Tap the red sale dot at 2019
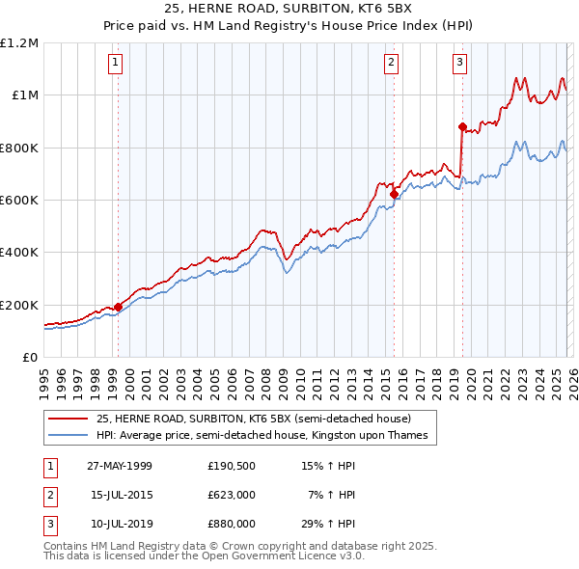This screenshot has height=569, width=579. coord(462,126)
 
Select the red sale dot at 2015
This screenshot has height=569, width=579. coord(394,194)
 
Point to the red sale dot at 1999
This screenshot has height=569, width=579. coord(118,308)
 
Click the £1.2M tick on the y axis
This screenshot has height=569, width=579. coord(19,43)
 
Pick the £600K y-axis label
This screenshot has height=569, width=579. coord(19,201)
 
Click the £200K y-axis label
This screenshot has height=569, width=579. coord(19,305)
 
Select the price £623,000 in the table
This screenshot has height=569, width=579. coord(231,495)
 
